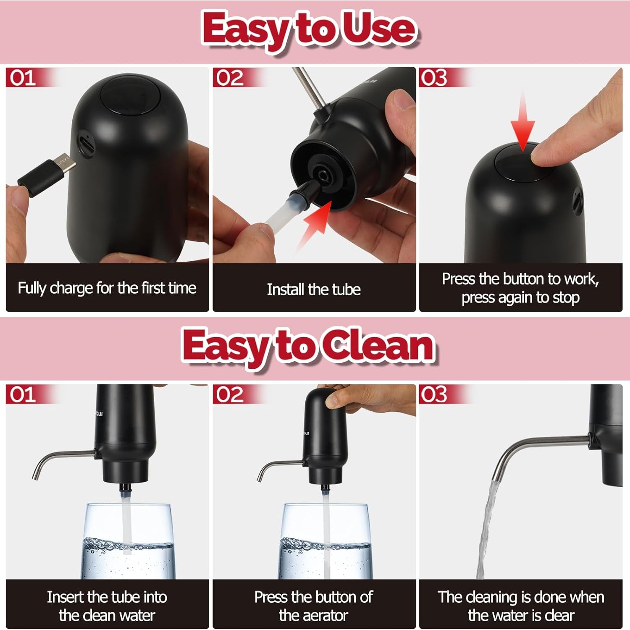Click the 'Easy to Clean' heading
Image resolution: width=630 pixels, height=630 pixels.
click(x=309, y=347)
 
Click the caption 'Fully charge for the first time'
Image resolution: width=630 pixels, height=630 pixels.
click(x=107, y=288)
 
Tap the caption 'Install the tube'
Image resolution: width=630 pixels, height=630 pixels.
click(x=314, y=289)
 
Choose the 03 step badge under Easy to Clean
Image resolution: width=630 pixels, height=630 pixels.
click(x=434, y=395)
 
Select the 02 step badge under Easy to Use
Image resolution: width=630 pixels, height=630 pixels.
click(x=230, y=78)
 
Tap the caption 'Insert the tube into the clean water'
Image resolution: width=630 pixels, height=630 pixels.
click(x=107, y=606)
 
